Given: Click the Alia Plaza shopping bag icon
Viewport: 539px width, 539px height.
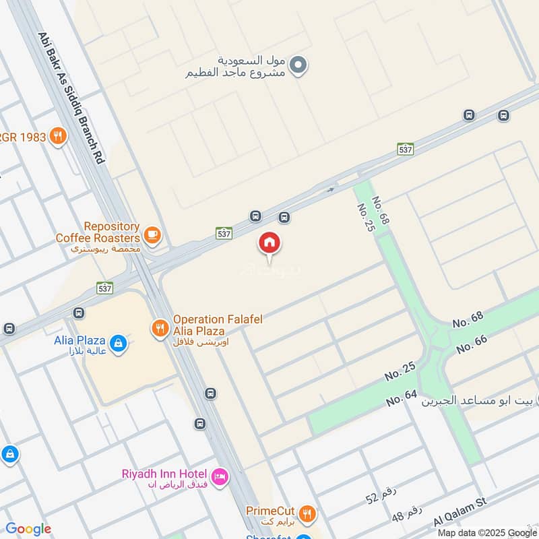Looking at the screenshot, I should (119, 343).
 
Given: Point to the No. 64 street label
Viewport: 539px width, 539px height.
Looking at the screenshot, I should (402, 398).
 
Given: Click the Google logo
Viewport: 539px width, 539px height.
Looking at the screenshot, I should (28, 529).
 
